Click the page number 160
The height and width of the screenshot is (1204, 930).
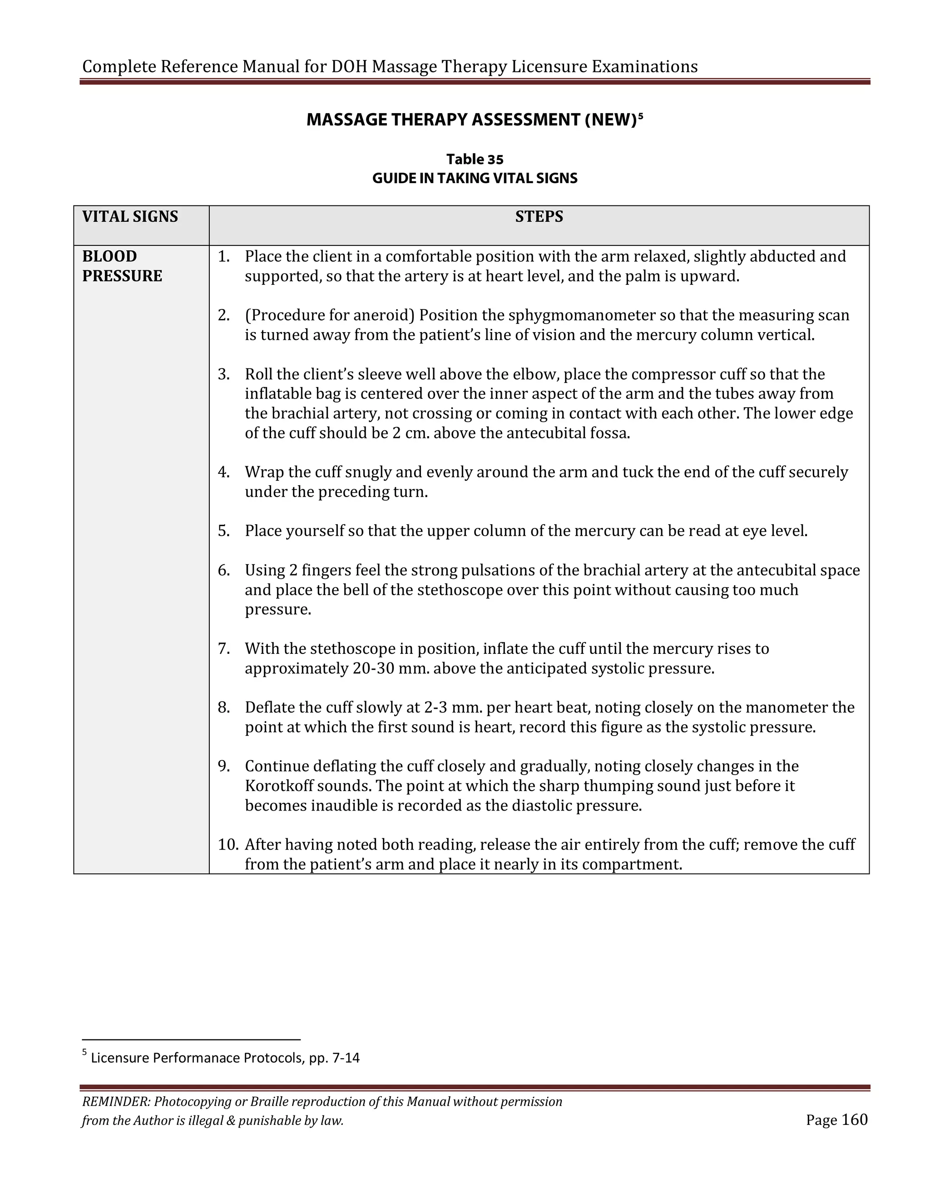pyautogui.click(x=855, y=1119)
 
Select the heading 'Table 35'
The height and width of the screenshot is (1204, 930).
pyautogui.click(x=475, y=159)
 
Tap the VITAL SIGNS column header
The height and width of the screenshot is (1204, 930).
pyautogui.click(x=130, y=217)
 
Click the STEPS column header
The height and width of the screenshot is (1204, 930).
pyautogui.click(x=539, y=217)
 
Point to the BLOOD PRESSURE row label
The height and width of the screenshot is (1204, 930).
pyautogui.click(x=122, y=266)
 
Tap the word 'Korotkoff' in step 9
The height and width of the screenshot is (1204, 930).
pyautogui.click(x=279, y=786)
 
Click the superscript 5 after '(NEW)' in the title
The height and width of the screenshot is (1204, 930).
pyautogui.click(x=640, y=116)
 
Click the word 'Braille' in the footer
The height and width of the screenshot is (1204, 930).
pyautogui.click(x=270, y=1101)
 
